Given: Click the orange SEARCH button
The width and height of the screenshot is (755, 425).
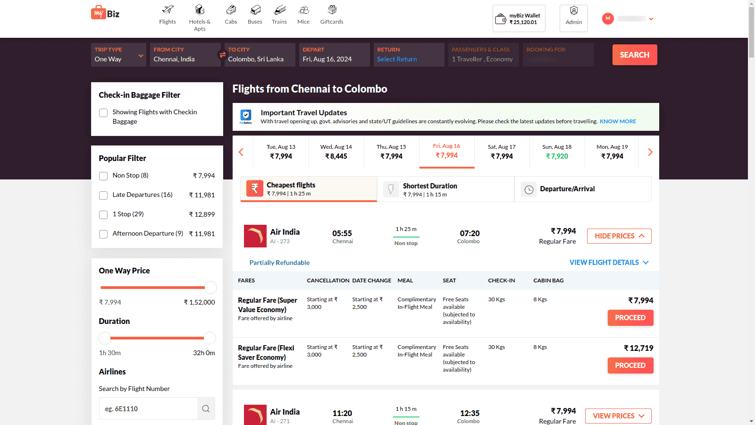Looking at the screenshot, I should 634,55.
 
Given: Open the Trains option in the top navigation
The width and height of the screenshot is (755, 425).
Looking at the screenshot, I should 279,15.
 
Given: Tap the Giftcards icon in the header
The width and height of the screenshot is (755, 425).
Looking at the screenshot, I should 332,15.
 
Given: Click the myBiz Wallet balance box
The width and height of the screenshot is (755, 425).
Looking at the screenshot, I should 519,19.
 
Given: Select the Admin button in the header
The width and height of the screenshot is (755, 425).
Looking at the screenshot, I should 573,18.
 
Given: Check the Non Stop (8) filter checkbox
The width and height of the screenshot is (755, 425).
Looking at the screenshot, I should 103,176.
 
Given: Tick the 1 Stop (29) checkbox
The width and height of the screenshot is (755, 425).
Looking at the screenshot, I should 103,215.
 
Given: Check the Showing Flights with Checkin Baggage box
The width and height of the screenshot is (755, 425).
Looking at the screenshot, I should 103,113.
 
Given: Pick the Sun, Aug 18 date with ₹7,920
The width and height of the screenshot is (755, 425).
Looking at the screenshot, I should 557,152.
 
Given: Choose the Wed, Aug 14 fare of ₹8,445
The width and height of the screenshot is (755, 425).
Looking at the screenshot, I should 336,152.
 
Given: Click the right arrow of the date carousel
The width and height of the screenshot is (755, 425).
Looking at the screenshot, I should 650,152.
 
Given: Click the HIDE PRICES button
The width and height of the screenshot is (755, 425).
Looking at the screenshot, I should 619,236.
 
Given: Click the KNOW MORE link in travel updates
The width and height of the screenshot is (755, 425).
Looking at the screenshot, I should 618,121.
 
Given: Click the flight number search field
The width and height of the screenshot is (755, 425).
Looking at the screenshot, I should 148,408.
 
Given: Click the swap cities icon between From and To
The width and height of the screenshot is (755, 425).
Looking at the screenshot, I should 222,55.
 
